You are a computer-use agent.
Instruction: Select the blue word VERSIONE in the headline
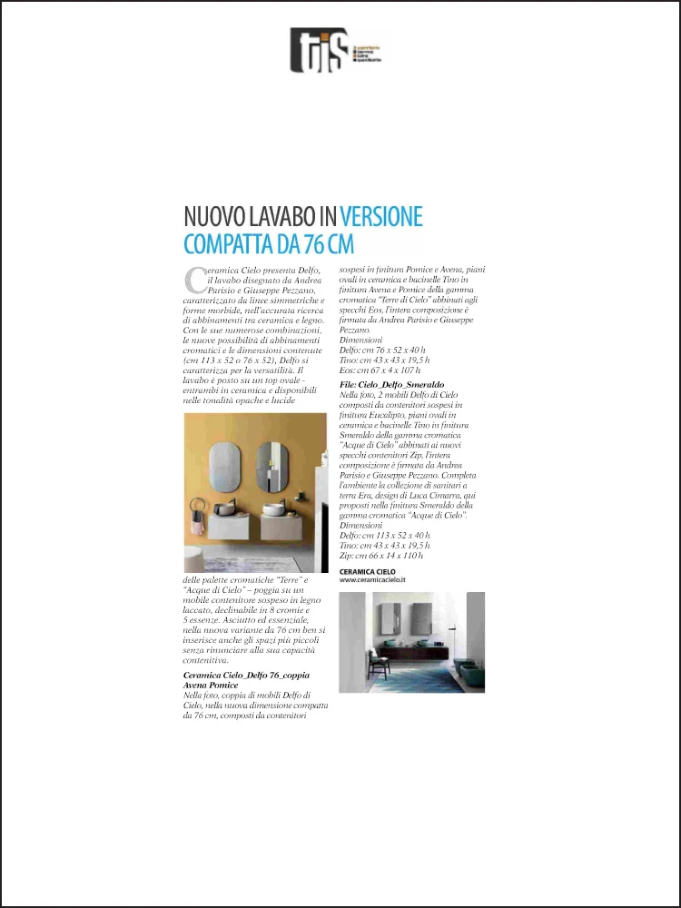pyautogui.click(x=381, y=218)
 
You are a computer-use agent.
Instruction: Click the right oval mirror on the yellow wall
pyautogui.click(x=270, y=466)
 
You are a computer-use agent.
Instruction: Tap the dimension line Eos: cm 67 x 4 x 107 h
pyautogui.click(x=380, y=370)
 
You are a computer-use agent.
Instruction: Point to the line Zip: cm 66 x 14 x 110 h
pyautogui.click(x=379, y=555)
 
